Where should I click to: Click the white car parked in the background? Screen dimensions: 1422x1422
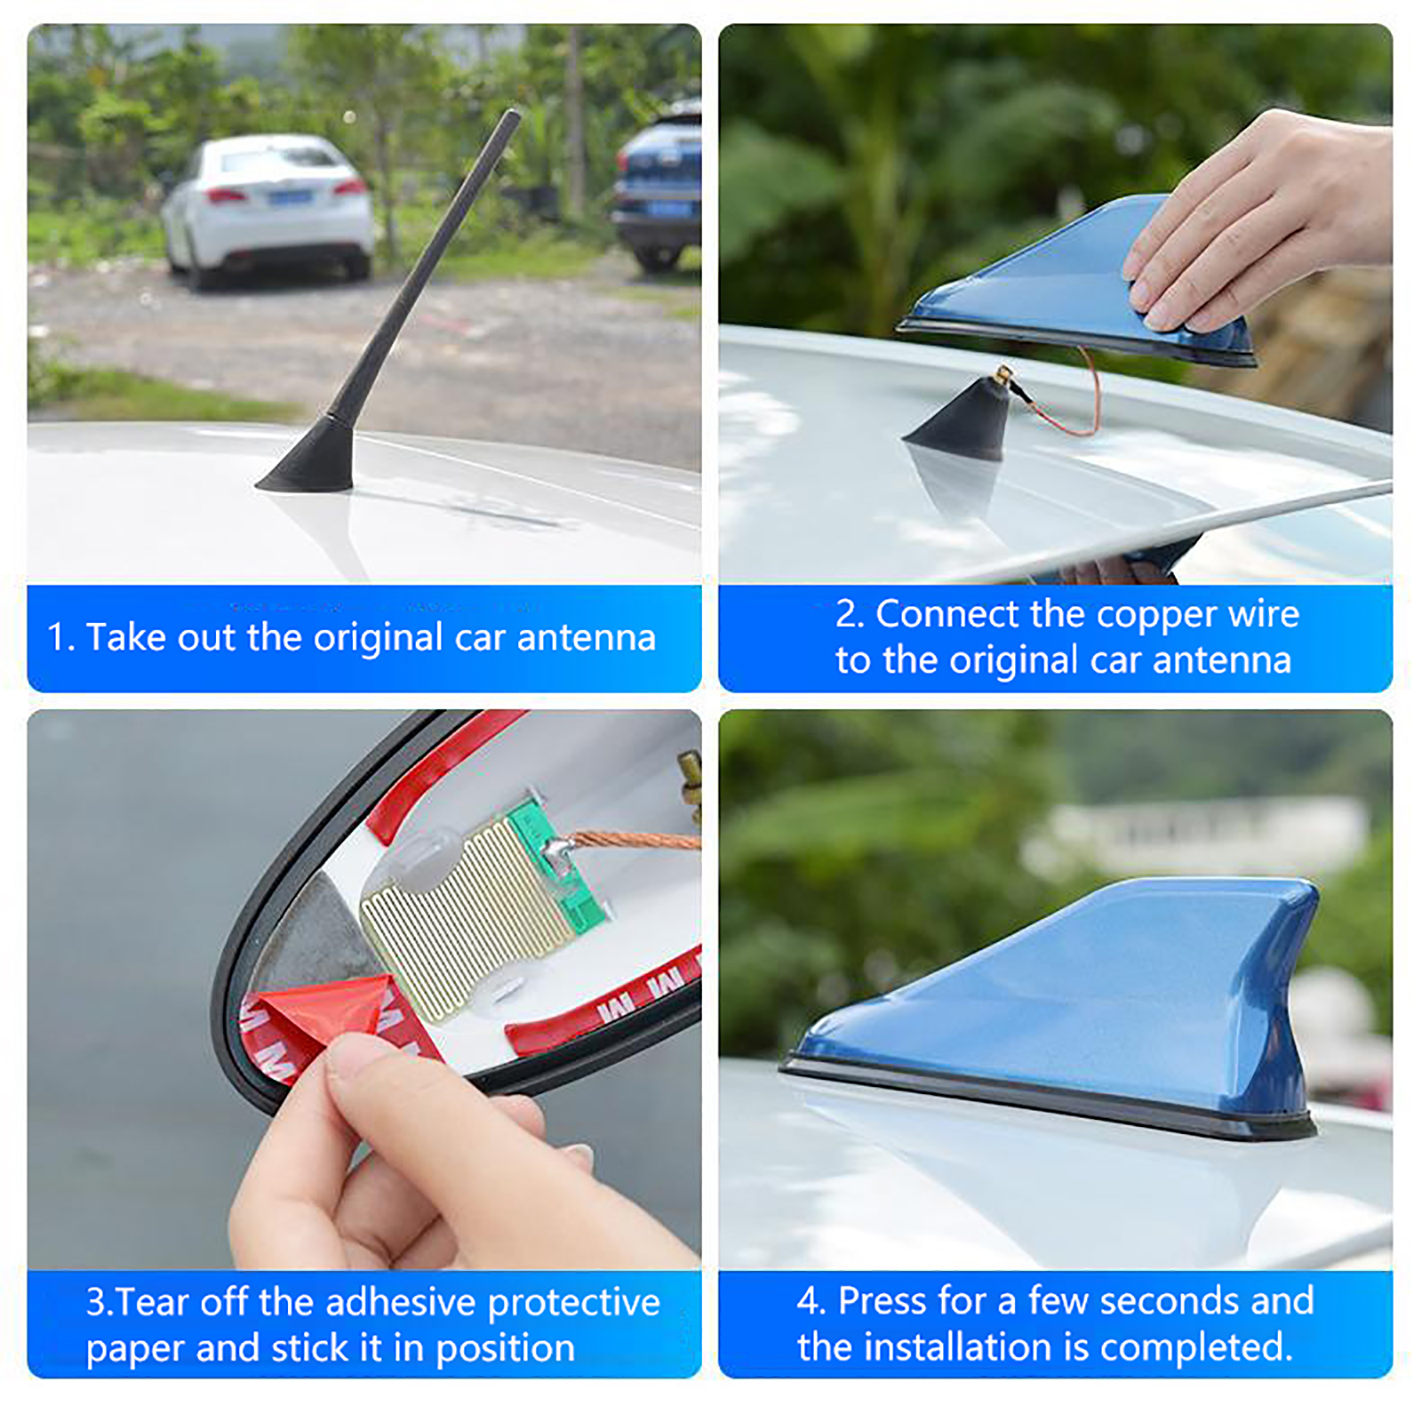pos(268,211)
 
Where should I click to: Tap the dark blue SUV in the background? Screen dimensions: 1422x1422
pos(658,188)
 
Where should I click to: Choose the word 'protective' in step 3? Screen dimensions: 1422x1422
pos(573,1304)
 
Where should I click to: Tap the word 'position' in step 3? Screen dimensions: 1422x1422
pos(505,1349)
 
